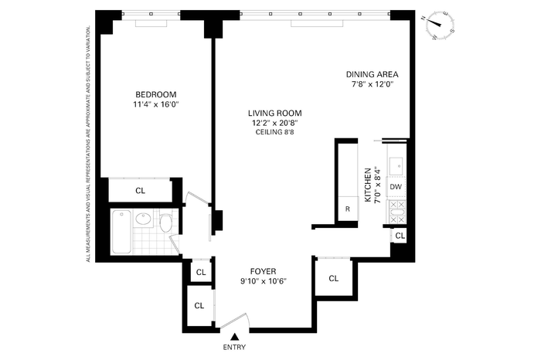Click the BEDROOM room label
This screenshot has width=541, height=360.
point(155,94)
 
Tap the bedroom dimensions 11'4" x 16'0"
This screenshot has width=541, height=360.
point(155,104)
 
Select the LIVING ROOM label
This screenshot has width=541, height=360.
point(274,113)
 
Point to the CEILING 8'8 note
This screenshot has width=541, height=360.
point(274,132)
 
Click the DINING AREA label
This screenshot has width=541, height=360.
point(373,74)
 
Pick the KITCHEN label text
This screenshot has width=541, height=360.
point(368,185)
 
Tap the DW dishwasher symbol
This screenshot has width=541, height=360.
point(396,187)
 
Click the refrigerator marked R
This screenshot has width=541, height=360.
point(348,209)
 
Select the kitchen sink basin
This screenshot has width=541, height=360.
point(396,167)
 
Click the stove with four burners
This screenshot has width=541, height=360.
point(396,212)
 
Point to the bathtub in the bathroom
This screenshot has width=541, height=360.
point(122,232)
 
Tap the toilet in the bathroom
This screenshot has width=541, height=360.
point(165,222)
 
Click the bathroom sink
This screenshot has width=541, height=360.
point(142,218)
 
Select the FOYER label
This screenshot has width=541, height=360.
point(264,272)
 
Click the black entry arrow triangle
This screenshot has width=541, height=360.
point(235,337)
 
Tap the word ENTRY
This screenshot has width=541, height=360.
point(235,347)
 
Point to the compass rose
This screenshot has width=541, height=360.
point(438,25)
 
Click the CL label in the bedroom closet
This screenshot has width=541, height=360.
point(141,191)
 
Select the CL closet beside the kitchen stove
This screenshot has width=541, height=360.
point(400,236)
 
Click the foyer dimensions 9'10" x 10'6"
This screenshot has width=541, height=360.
point(264,281)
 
